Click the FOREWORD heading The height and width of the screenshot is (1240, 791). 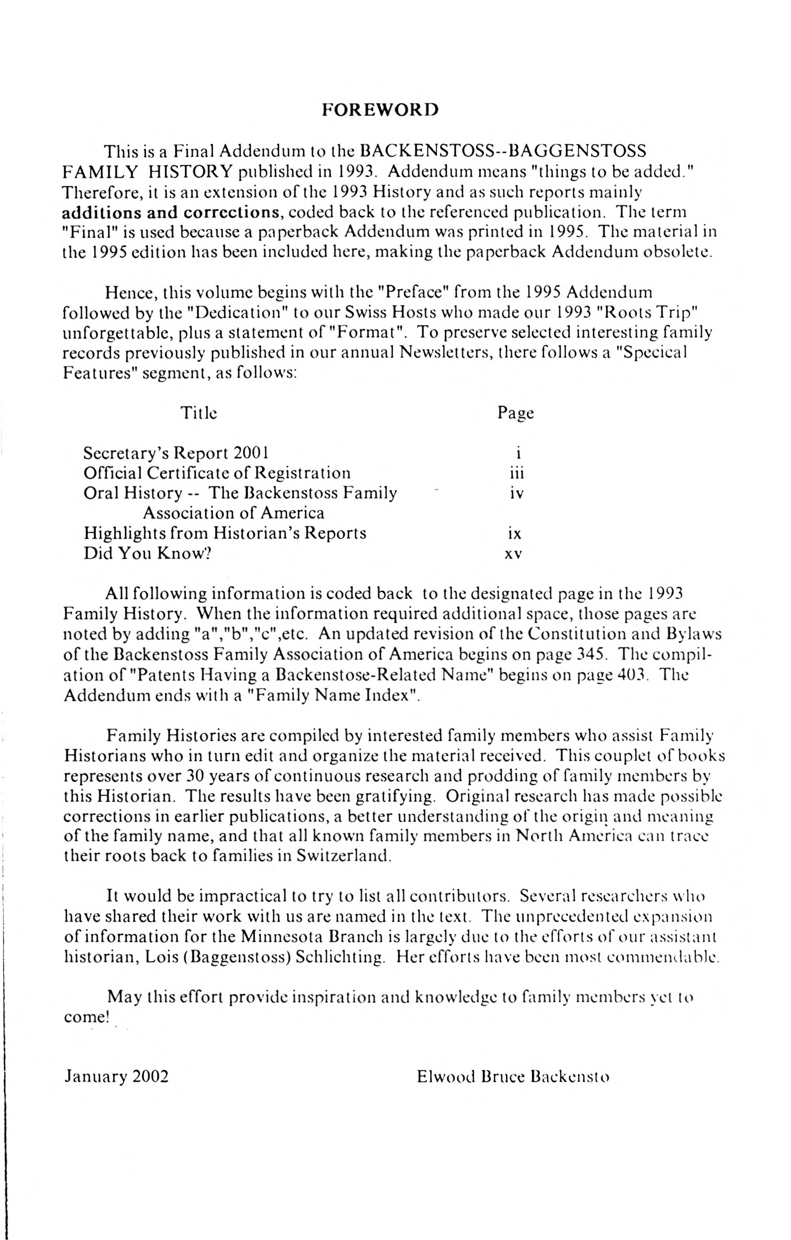[380, 110]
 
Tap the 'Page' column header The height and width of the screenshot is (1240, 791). [515, 413]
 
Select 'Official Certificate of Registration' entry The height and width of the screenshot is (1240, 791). [217, 473]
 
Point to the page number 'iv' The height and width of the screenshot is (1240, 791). [517, 493]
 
